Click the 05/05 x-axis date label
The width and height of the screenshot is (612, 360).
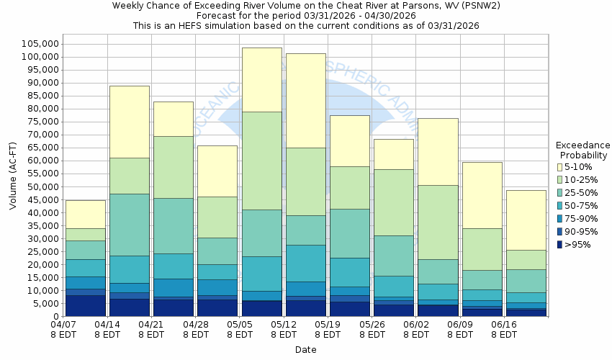(x=240, y=324)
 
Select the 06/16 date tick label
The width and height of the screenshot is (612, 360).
(x=504, y=324)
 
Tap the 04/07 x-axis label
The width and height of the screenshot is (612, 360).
(x=63, y=324)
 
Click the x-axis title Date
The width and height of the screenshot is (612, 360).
(x=305, y=350)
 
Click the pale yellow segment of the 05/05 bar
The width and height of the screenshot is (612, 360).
(x=261, y=79)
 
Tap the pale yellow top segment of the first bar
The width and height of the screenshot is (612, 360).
(x=85, y=214)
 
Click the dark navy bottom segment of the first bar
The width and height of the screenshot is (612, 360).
(x=85, y=306)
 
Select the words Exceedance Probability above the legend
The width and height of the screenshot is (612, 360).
(x=583, y=150)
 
